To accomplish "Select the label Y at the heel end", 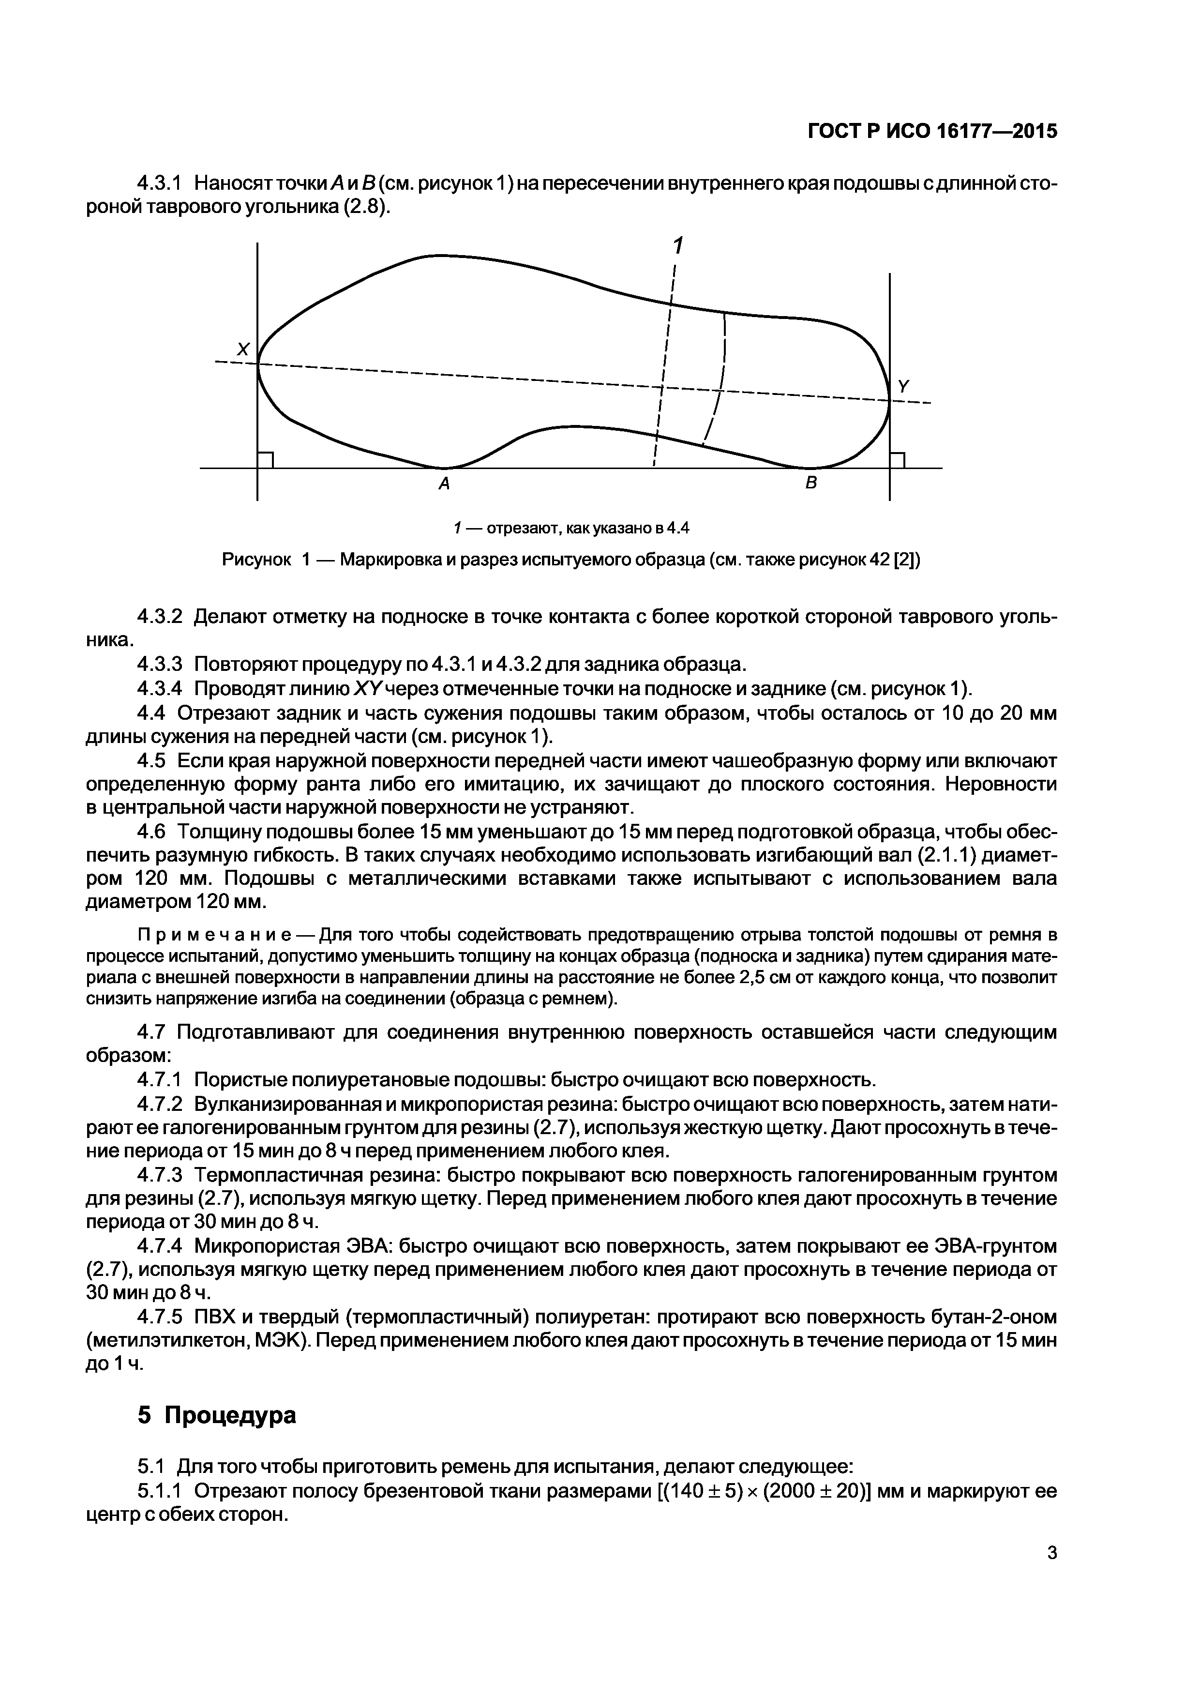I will [x=903, y=386].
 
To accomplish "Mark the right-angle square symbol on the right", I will [x=898, y=460].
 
